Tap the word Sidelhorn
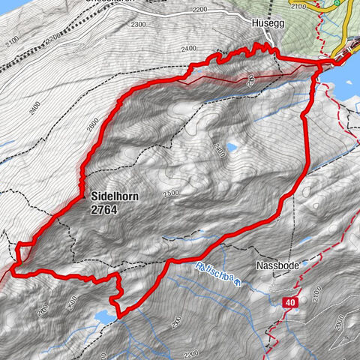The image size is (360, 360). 113,196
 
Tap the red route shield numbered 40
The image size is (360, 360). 291,302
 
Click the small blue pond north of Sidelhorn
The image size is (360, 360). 232,148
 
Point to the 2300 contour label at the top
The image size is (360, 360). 138,25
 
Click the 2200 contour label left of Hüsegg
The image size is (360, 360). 199,10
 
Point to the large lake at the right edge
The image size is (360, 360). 352,75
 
